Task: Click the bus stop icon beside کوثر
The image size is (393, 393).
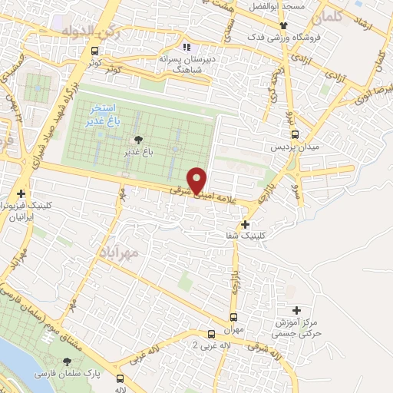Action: (94, 51)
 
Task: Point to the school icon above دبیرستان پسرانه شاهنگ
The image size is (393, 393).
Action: (184, 46)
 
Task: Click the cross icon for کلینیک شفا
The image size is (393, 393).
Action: (245, 225)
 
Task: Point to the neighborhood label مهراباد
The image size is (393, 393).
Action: (117, 252)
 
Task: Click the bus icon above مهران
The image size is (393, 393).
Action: (233, 317)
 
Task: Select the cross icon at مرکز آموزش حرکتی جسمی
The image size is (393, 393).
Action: (296, 310)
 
